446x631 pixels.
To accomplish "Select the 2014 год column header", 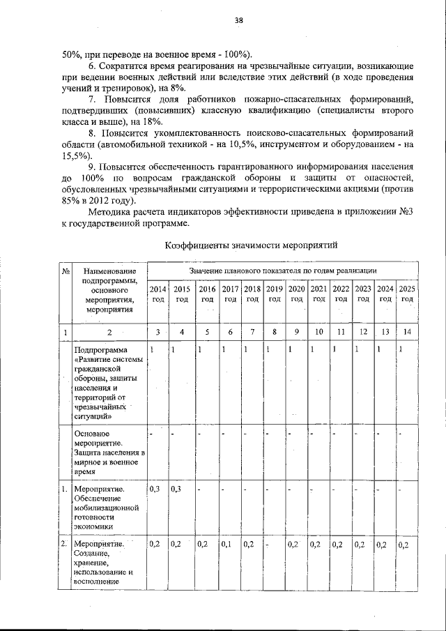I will [158, 294].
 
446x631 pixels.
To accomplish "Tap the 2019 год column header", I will [275, 294].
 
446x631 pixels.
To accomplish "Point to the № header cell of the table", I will [64, 271].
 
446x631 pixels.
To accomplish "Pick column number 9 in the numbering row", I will [296, 332].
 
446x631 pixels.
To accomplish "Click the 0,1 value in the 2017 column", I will [228, 544].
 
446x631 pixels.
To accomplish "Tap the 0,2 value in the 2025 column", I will [403, 544].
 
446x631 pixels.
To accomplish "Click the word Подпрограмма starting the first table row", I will [101, 349].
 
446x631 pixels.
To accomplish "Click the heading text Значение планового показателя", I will [236, 268].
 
